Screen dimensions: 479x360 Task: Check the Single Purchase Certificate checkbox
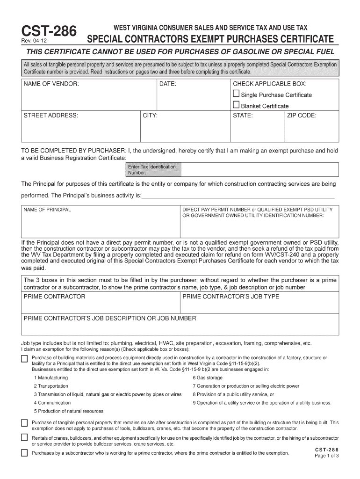(236, 94)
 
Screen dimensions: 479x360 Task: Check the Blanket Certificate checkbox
(236, 105)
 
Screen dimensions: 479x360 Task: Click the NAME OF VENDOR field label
(51, 84)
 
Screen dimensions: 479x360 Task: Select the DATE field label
(168, 84)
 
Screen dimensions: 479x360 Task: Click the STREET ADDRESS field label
(51, 115)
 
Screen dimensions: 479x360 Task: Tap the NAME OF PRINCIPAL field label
(47, 210)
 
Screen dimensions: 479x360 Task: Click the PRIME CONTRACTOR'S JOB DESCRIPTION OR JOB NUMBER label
(110, 319)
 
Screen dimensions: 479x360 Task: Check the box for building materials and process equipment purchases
(24, 359)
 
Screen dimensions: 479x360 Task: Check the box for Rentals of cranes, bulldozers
(24, 438)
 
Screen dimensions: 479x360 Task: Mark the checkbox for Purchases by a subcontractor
(24, 453)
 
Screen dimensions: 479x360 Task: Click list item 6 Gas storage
(208, 377)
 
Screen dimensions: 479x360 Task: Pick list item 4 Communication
(52, 402)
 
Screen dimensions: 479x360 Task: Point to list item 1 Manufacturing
(51, 377)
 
